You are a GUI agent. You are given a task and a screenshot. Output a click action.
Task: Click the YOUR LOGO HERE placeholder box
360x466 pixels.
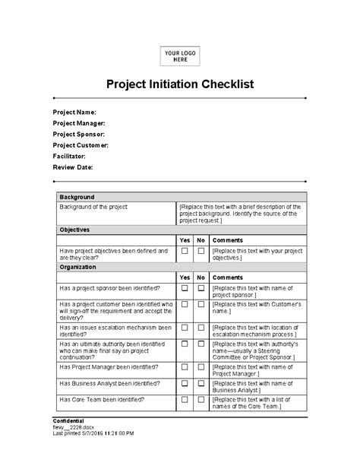[180, 55]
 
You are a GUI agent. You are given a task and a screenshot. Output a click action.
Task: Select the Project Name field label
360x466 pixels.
[74, 112]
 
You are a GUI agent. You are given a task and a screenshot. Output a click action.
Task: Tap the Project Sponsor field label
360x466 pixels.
[79, 134]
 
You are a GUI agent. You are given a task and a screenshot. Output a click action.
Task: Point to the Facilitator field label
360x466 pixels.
[69, 156]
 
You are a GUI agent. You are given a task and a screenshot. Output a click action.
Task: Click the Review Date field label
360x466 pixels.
[73, 166]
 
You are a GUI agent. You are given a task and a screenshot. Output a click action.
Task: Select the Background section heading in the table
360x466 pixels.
[77, 196]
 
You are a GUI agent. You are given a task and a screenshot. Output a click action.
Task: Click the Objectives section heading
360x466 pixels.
[74, 229]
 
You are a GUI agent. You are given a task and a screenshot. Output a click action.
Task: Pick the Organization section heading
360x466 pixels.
[78, 267]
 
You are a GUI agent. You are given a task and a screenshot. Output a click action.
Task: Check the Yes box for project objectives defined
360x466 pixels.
[185, 250]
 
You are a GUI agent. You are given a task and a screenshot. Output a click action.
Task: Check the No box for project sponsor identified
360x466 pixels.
[201, 288]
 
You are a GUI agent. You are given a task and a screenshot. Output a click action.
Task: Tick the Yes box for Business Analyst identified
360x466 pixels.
[185, 384]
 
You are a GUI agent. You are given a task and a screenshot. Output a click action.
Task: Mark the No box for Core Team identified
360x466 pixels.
[201, 399]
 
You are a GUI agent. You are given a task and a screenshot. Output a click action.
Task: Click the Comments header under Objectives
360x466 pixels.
[228, 239]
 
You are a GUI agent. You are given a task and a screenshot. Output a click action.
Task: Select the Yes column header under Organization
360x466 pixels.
[185, 277]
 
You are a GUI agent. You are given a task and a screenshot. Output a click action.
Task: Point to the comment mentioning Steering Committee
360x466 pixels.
[257, 349]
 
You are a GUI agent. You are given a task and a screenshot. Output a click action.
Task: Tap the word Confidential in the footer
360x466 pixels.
[68, 420]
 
